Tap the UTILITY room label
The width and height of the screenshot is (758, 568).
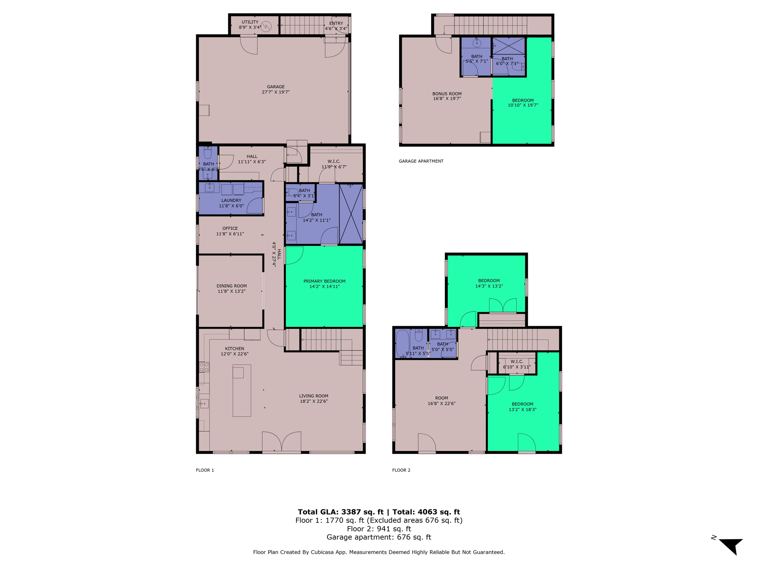(250, 22)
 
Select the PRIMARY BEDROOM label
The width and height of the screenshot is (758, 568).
(324, 281)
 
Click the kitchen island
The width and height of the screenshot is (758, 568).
(242, 390)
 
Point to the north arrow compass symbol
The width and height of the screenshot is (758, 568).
(731, 546)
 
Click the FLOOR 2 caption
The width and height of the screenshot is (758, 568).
(401, 470)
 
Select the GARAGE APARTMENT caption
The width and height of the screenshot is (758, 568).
(421, 161)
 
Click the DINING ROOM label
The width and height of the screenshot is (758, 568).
(231, 286)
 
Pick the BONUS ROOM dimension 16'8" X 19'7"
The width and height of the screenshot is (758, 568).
(447, 99)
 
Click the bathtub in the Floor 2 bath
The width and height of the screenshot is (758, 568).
(402, 343)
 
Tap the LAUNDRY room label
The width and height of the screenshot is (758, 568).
(231, 200)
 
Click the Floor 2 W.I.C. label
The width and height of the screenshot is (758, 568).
(517, 362)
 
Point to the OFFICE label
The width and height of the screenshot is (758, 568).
(230, 229)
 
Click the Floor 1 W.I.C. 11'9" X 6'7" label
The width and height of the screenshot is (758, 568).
(334, 164)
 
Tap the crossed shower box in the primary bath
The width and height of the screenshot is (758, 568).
(351, 214)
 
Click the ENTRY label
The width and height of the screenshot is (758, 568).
(336, 23)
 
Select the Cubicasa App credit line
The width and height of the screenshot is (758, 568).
(379, 552)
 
